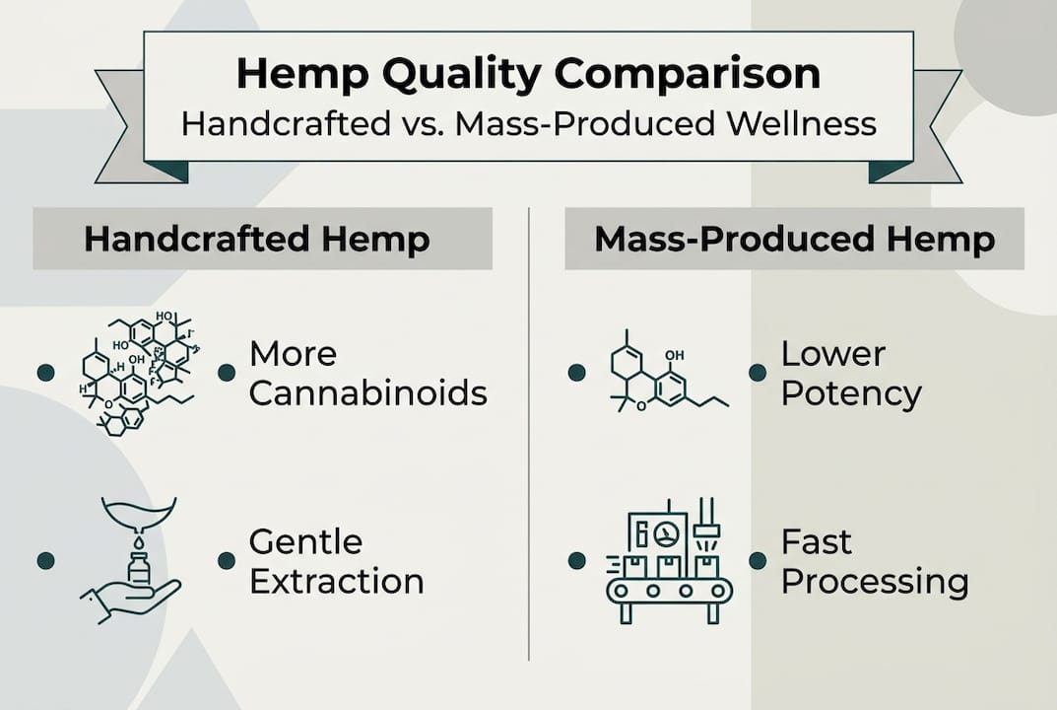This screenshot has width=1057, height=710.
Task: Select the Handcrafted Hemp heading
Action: pyautogui.click(x=257, y=240)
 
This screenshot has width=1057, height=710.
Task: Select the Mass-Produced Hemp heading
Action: pyautogui.click(x=794, y=240)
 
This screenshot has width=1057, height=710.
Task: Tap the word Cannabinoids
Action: pyautogui.click(x=367, y=393)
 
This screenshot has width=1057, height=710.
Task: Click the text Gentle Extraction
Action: pyautogui.click(x=336, y=561)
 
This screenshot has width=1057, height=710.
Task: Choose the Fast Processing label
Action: pyautogui.click(x=874, y=561)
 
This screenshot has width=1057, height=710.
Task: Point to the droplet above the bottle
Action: pyautogui.click(x=138, y=540)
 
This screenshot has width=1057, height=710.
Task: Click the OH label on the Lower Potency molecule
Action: pyautogui.click(x=675, y=355)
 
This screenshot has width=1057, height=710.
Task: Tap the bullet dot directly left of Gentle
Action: pyautogui.click(x=227, y=560)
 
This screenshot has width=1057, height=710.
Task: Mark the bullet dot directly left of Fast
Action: pyautogui.click(x=758, y=560)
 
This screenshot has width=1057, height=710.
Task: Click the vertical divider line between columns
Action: pyautogui.click(x=529, y=434)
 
